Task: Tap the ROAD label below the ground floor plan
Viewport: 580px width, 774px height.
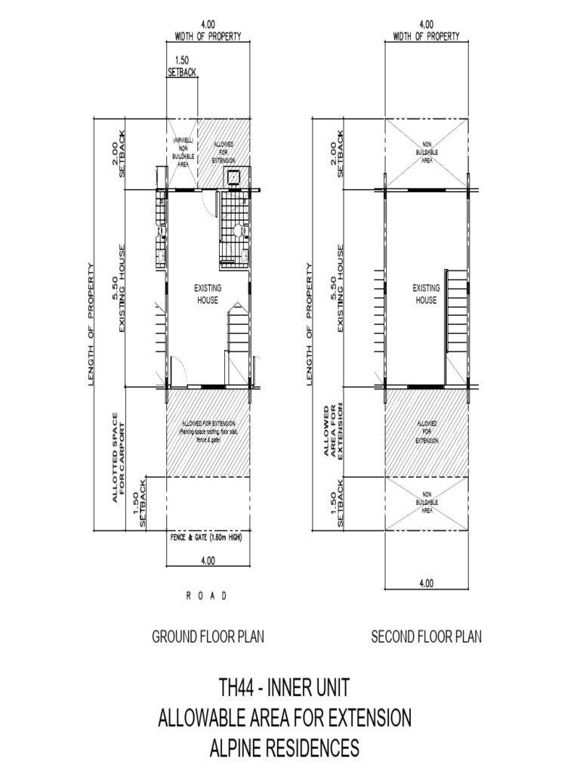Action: coord(207,596)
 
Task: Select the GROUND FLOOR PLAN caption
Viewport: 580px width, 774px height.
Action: coord(208,636)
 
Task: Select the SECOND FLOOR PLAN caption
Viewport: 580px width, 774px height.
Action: coord(426,636)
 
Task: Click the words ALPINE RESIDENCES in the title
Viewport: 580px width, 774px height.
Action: coord(284,748)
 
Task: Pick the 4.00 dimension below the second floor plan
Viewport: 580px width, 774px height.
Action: coord(425,583)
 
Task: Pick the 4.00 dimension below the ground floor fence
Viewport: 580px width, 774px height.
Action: coord(208,561)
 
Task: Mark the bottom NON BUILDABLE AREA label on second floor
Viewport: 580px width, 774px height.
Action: coord(427,501)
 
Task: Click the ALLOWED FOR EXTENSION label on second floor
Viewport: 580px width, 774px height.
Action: coord(427,432)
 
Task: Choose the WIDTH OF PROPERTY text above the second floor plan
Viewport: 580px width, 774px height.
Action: coord(425,36)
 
